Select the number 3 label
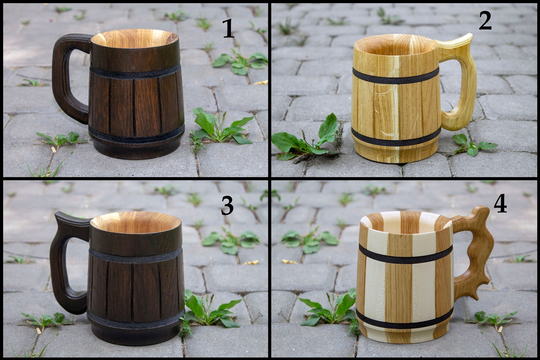(227, 206)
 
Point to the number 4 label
(500, 205)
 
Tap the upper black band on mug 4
(405, 257)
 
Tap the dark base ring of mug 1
(136, 151)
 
